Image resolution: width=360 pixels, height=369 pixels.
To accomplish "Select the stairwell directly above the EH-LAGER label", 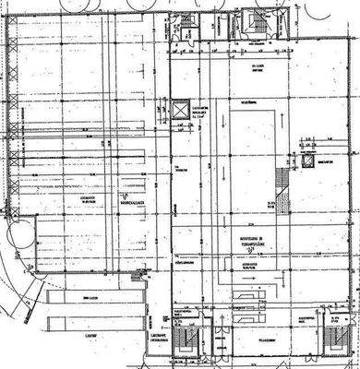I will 255,25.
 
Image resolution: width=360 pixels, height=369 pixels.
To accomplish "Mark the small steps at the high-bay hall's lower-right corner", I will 138,275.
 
